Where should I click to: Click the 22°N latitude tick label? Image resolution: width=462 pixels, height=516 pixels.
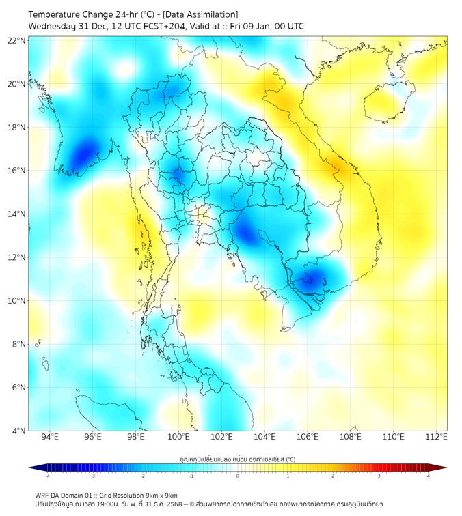click(x=17, y=40)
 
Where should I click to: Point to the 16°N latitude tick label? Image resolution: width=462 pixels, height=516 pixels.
click(x=17, y=171)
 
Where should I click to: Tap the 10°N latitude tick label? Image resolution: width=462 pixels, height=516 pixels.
click(x=17, y=301)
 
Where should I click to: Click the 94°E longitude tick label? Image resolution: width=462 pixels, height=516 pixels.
click(x=50, y=437)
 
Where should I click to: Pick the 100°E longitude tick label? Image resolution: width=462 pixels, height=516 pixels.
click(x=179, y=437)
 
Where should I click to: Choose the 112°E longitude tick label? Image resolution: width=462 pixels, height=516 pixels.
click(x=437, y=437)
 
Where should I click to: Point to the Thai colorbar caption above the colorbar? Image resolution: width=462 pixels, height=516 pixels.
click(x=237, y=459)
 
